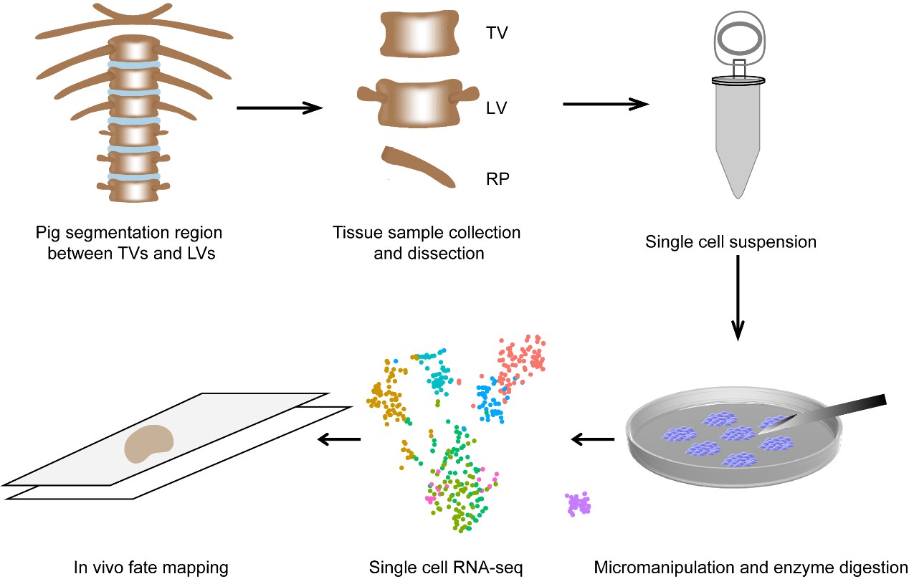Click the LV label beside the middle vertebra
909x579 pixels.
[x=495, y=108]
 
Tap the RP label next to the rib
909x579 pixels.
[x=497, y=179]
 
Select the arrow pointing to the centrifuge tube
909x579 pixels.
[x=605, y=104]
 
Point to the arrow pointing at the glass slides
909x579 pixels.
[x=339, y=439]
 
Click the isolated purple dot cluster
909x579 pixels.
[x=578, y=504]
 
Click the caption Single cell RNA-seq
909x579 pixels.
[x=446, y=568]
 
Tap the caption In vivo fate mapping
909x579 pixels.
[x=151, y=568]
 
